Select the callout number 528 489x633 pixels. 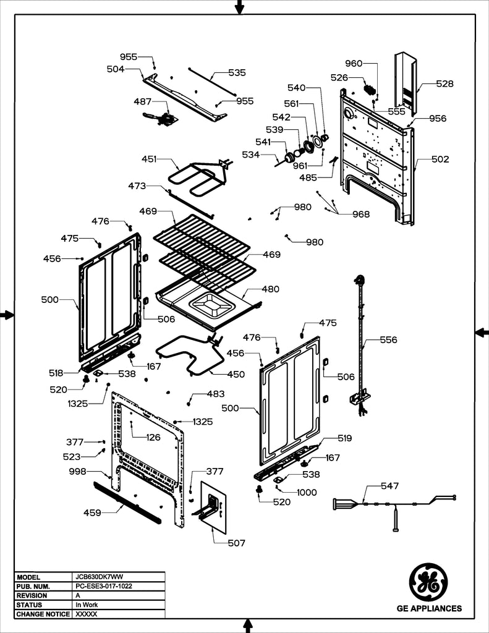(x=444, y=83)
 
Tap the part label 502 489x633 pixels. (x=440, y=159)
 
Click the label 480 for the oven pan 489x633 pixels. (x=270, y=289)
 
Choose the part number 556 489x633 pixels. (x=388, y=339)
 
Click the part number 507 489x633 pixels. (x=236, y=543)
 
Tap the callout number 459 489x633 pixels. (x=93, y=512)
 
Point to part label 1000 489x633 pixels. (x=306, y=492)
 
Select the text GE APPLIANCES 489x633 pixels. (x=428, y=609)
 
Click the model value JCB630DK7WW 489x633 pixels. (x=96, y=576)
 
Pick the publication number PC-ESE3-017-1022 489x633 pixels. (x=104, y=585)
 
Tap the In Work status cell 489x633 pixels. (x=86, y=605)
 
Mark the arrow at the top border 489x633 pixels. (x=239, y=7)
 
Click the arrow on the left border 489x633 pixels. (x=7, y=315)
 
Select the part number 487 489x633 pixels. (x=143, y=100)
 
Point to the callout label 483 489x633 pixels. (x=216, y=394)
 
